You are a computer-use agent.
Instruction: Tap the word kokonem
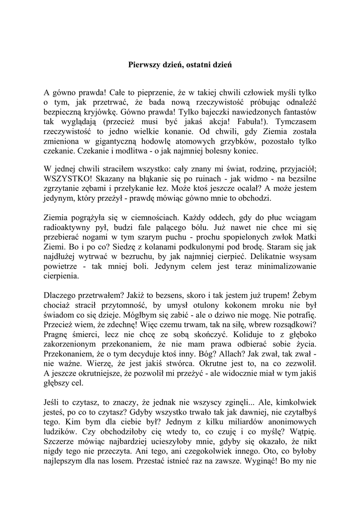pos(220,304)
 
